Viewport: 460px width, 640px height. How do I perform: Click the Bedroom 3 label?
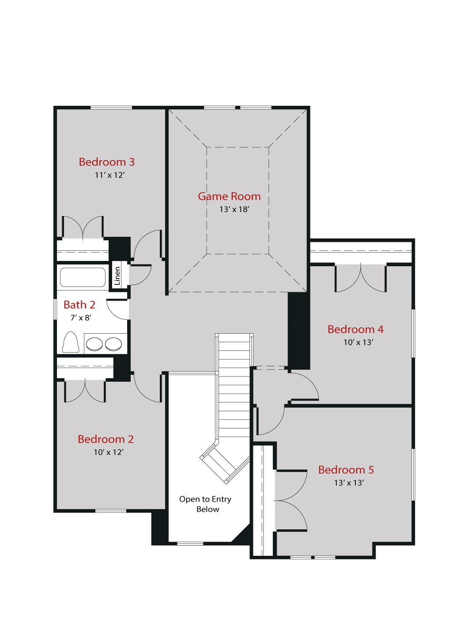point(106,162)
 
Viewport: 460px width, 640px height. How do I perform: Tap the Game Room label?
point(229,197)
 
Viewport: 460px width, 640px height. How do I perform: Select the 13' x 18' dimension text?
point(234,209)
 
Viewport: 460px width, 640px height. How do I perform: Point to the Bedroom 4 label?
point(355,330)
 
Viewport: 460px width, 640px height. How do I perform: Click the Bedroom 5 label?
point(346,470)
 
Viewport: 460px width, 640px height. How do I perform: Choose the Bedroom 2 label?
point(106,439)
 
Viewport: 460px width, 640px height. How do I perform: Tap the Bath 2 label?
point(79,305)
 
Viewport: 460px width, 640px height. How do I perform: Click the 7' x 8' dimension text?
point(81,318)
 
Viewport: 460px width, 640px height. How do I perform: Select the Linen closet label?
point(117,276)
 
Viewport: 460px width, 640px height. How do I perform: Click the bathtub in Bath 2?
point(83,277)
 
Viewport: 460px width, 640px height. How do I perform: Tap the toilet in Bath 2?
point(71,342)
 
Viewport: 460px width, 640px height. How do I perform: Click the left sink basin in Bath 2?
point(94,344)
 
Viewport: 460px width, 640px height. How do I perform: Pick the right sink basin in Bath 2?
point(113,344)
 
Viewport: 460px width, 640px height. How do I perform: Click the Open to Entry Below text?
point(206,504)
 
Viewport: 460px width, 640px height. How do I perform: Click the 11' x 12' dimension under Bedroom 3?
point(109,175)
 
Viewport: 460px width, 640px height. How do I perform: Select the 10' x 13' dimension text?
point(358,342)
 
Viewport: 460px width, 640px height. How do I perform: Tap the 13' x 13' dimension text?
point(349,483)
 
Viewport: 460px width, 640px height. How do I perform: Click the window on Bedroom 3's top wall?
point(111,108)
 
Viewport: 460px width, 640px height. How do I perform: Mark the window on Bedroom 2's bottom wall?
point(111,511)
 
